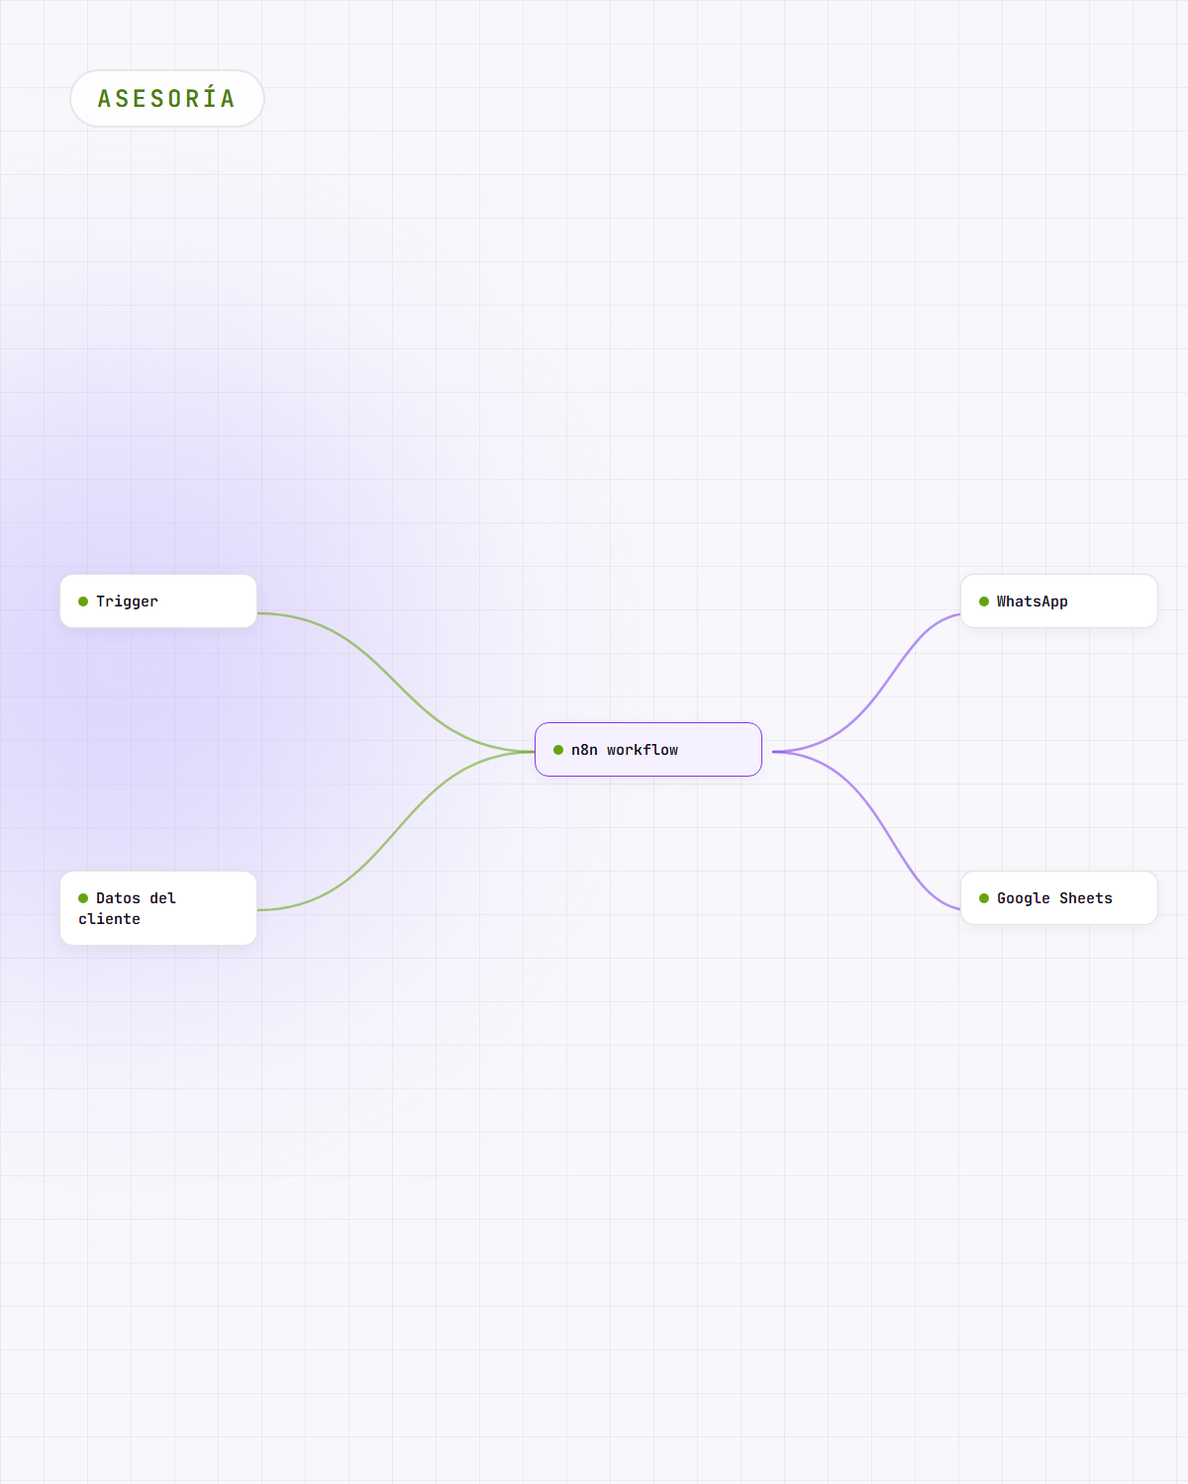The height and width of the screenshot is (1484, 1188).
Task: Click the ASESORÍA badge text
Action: (x=166, y=98)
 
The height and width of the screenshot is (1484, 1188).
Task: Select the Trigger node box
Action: (x=158, y=601)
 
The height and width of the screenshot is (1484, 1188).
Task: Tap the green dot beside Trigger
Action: (x=83, y=602)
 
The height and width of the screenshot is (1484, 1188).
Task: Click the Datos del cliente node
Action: (x=158, y=907)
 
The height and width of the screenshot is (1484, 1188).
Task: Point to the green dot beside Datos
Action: (x=83, y=898)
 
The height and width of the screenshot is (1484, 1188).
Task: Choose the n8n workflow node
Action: (x=648, y=750)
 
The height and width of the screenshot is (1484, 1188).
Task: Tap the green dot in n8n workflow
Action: (x=558, y=750)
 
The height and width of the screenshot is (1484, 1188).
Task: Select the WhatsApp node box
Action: (x=1059, y=601)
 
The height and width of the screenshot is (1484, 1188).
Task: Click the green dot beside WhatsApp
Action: (x=984, y=602)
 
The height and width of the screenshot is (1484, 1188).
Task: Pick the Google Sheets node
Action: (x=1059, y=897)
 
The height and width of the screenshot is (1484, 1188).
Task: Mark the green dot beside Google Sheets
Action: (x=984, y=898)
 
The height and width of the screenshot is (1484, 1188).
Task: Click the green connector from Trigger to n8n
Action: (x=396, y=682)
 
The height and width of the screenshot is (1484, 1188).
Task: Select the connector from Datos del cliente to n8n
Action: (x=396, y=831)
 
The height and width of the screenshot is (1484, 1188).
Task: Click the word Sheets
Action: (x=1086, y=898)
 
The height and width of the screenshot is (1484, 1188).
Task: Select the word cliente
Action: (x=109, y=918)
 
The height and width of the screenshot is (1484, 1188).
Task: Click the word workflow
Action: (x=642, y=750)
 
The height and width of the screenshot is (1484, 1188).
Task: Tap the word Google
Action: (x=1023, y=898)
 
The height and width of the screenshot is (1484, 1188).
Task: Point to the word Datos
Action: (x=118, y=898)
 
